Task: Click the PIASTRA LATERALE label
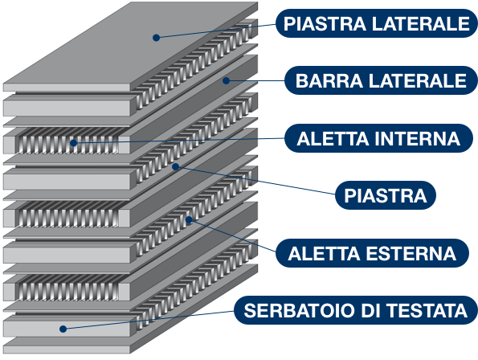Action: pyautogui.click(x=377, y=23)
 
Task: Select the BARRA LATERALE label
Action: pyautogui.click(x=381, y=80)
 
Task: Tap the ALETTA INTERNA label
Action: pyautogui.click(x=378, y=138)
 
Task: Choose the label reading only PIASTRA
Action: pyautogui.click(x=386, y=195)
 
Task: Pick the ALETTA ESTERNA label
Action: pyautogui.click(x=372, y=253)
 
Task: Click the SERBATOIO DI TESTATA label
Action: pyautogui.click(x=356, y=310)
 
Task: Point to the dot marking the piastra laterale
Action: pyautogui.click(x=156, y=38)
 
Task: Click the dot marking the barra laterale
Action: pyautogui.click(x=226, y=80)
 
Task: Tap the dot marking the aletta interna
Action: pyautogui.click(x=73, y=143)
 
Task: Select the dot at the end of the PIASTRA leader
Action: pyautogui.click(x=175, y=166)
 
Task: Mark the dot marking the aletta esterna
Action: pyautogui.click(x=189, y=219)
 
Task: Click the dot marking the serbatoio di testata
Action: pyautogui.click(x=63, y=329)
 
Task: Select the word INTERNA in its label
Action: pyautogui.click(x=417, y=139)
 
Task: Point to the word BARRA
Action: pyautogui.click(x=329, y=81)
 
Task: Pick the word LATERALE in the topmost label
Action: pyautogui.click(x=421, y=24)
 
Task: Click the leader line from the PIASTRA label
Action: pyautogui.click(x=255, y=181)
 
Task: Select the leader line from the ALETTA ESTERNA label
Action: pyautogui.click(x=232, y=235)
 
